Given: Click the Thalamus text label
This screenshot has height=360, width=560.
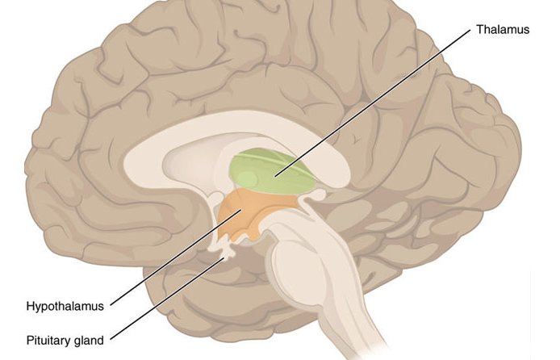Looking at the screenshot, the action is [503, 29].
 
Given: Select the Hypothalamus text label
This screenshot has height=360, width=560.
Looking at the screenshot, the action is [65, 306].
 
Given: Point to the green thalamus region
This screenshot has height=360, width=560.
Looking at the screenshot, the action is [273, 171].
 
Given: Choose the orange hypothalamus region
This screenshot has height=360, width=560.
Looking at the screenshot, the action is [253, 214].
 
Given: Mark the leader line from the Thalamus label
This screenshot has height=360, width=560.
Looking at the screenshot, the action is [373, 103].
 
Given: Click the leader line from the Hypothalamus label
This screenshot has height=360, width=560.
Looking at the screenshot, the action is [177, 257].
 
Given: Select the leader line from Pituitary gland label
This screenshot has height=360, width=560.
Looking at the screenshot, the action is [168, 298].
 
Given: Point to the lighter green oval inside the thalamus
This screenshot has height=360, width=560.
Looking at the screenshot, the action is [248, 178].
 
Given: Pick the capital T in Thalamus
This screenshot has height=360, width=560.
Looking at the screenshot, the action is [479, 29].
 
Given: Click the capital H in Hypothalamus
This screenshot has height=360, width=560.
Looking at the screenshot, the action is [31, 306].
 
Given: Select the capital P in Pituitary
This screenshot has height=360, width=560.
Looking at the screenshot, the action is [30, 341].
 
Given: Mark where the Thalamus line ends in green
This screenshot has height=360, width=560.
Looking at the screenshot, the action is [275, 176].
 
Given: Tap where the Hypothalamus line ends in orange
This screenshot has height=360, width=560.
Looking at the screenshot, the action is [243, 210].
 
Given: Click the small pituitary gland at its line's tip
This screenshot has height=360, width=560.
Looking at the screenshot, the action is [227, 254].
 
